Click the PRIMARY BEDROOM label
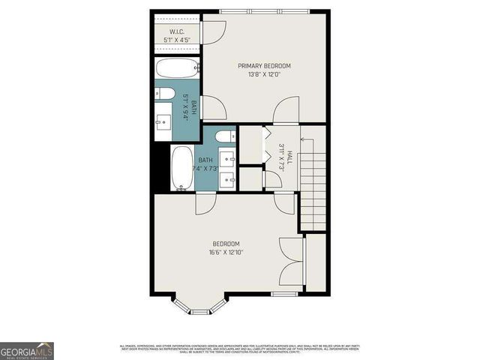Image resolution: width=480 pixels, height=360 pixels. coord(264,66)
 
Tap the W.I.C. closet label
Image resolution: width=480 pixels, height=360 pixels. coord(177,31)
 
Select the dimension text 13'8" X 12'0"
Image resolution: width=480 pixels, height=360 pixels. coord(264,74)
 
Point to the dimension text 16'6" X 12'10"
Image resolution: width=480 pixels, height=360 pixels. coord(226,252)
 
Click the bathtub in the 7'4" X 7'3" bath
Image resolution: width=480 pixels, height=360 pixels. coord(181,168)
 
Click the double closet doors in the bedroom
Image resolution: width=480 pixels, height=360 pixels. coord(289,260)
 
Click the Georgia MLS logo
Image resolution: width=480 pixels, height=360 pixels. coord(27,350)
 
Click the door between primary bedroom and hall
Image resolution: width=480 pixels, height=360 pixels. coord(286,115)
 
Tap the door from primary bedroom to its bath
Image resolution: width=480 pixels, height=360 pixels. coord(212,109)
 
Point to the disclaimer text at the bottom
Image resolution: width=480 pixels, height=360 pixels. coord(240,348)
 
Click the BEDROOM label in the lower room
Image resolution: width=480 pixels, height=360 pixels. coord(226,244)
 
